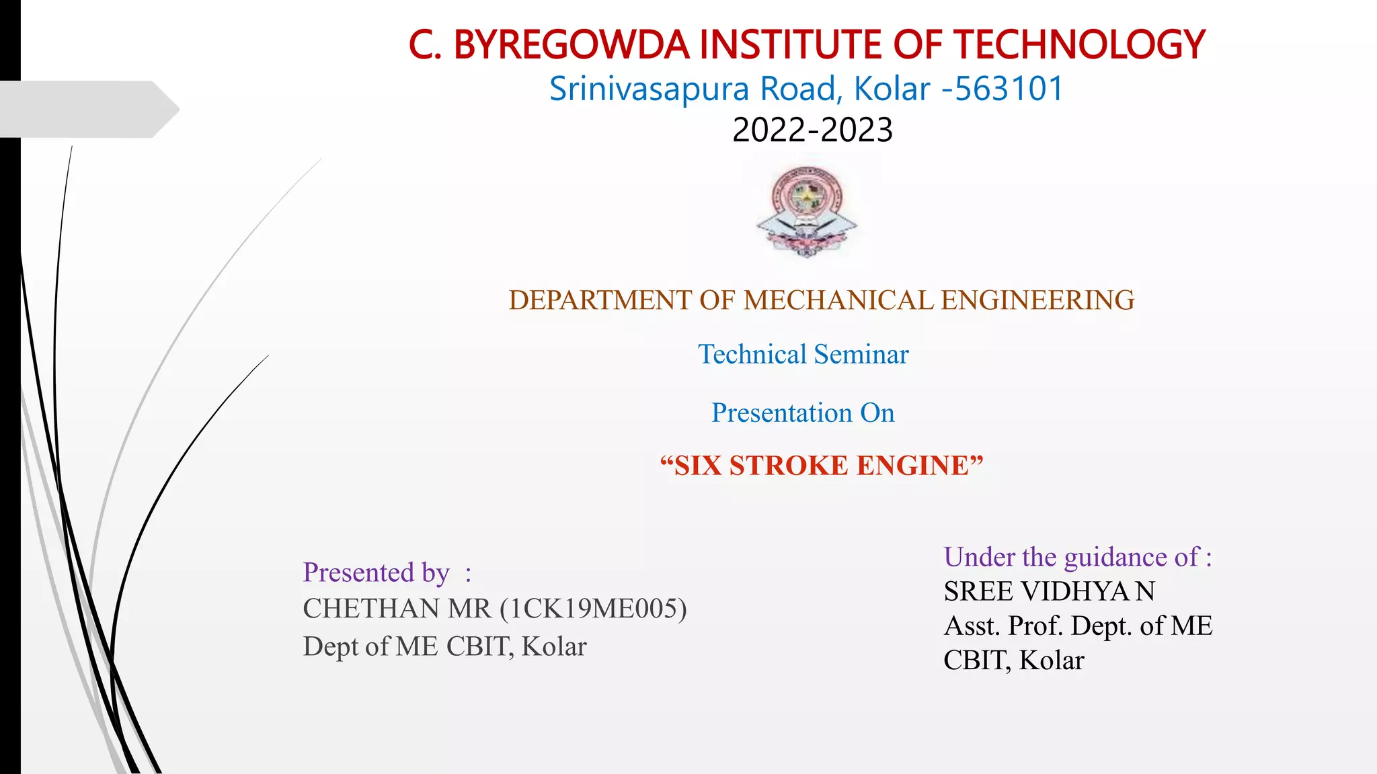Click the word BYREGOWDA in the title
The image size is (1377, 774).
click(572, 45)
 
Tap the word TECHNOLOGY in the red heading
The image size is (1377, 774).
click(1080, 45)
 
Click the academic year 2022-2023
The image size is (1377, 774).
click(812, 130)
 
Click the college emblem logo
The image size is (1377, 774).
click(807, 211)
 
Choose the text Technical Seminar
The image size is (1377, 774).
click(803, 354)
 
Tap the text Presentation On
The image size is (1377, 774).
click(803, 413)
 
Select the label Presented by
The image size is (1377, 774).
click(376, 572)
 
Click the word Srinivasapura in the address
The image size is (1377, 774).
click(649, 89)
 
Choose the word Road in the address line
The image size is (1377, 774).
click(797, 89)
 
